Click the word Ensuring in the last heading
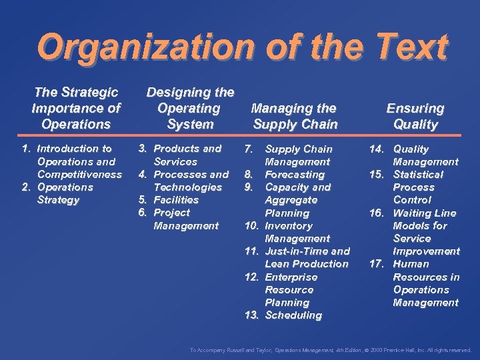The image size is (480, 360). (x=415, y=108)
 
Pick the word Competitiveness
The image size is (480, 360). (x=80, y=174)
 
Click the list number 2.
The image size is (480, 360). (x=26, y=187)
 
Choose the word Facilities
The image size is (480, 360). (x=176, y=200)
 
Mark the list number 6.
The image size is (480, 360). (x=141, y=213)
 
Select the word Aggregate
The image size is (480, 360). (x=291, y=200)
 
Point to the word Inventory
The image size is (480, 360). (x=289, y=226)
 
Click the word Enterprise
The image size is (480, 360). (x=291, y=277)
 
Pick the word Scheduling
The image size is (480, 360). (x=293, y=315)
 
